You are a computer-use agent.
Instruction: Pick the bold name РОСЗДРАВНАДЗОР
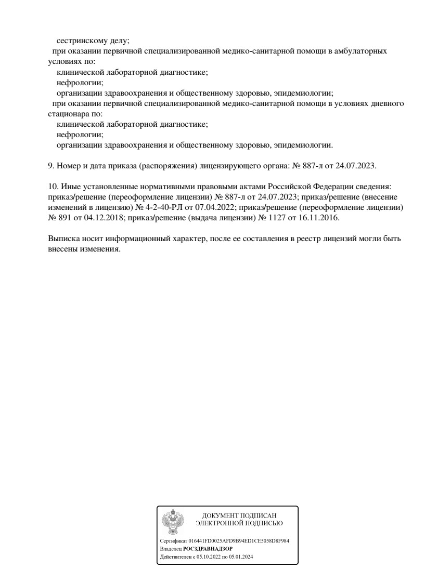click(208, 549)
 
